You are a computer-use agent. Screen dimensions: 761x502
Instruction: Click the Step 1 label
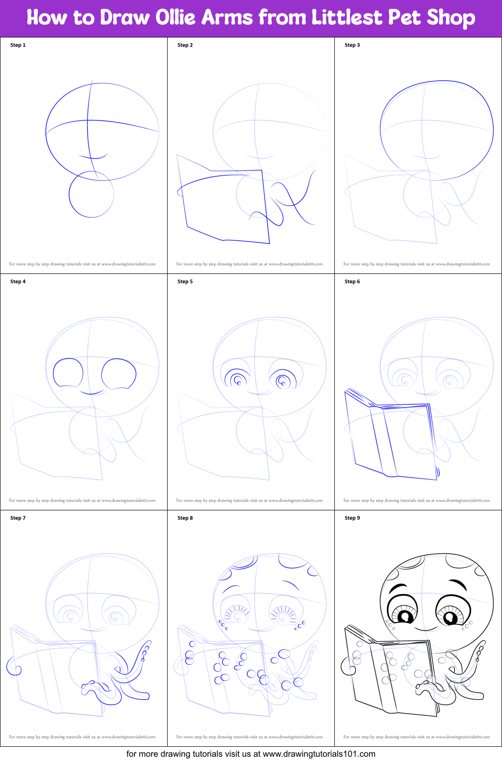(18, 45)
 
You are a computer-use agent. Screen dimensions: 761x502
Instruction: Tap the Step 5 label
(185, 281)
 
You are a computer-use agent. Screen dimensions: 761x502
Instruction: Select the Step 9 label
(352, 518)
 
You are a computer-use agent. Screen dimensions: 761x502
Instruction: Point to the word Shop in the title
(450, 18)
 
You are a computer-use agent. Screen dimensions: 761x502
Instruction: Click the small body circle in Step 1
(91, 194)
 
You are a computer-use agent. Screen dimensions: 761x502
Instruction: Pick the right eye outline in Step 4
(119, 374)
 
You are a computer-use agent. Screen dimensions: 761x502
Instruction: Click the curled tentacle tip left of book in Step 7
(14, 667)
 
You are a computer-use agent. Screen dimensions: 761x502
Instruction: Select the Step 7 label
(18, 518)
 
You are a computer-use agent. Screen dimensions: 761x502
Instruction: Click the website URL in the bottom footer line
(319, 754)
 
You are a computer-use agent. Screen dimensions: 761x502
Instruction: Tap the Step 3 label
(352, 45)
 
